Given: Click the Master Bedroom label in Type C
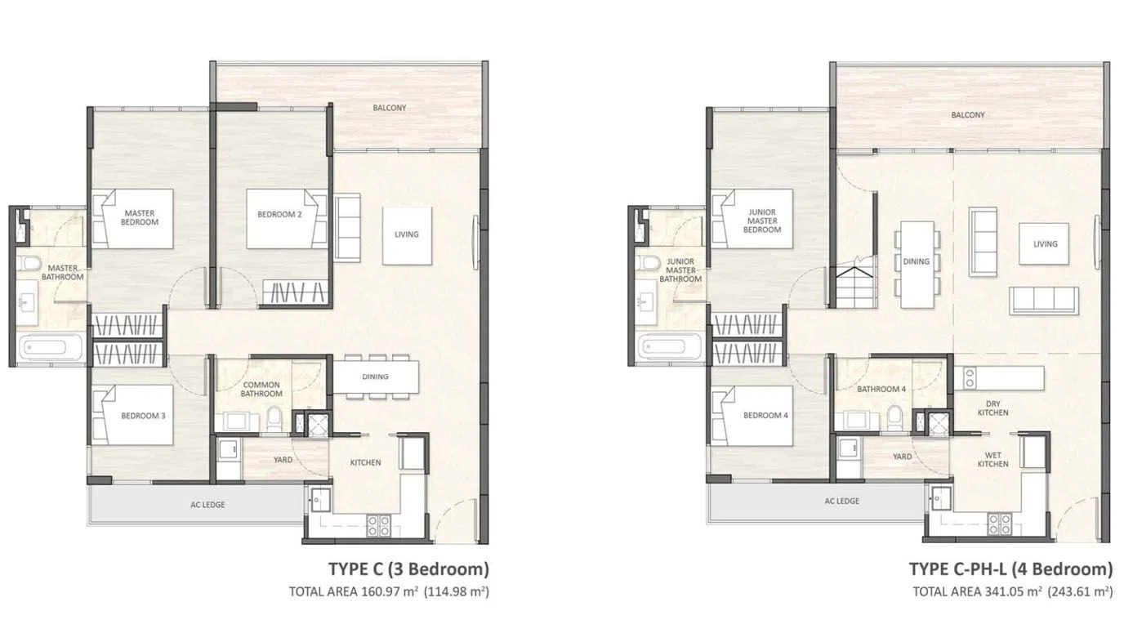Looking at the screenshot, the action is (x=140, y=217).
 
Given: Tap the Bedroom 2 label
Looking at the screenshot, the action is (x=279, y=214).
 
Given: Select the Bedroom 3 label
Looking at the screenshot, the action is (x=143, y=416).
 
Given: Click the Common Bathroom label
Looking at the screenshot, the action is (x=261, y=389).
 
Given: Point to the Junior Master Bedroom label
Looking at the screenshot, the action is (x=762, y=221).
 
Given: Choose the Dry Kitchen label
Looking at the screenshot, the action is (x=992, y=408).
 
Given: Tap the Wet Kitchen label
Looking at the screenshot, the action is (x=992, y=459).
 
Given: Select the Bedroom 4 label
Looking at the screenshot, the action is (x=765, y=416).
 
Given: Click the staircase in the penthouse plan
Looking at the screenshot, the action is (x=854, y=288).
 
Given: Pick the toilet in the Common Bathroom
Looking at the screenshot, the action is (x=274, y=419).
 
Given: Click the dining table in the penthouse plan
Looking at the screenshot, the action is (x=917, y=264).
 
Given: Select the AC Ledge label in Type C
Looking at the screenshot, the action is (x=207, y=505).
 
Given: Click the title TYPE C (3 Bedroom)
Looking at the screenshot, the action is (x=408, y=568).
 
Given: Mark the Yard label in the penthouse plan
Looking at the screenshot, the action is (x=902, y=457).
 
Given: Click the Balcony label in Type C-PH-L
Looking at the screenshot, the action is (x=968, y=115).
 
